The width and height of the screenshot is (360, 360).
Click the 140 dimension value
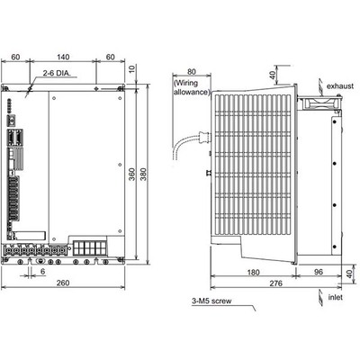[x=62, y=55]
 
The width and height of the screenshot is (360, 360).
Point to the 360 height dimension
[x=133, y=174]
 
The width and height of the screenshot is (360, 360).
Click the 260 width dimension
[x=61, y=283]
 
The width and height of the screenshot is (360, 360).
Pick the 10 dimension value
[x=132, y=69]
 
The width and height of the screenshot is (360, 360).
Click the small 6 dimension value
[x=42, y=269]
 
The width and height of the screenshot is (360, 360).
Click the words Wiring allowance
[x=191, y=86]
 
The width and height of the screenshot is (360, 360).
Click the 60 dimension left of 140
[x=15, y=55]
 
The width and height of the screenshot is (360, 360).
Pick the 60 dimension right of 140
[x=110, y=55]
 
